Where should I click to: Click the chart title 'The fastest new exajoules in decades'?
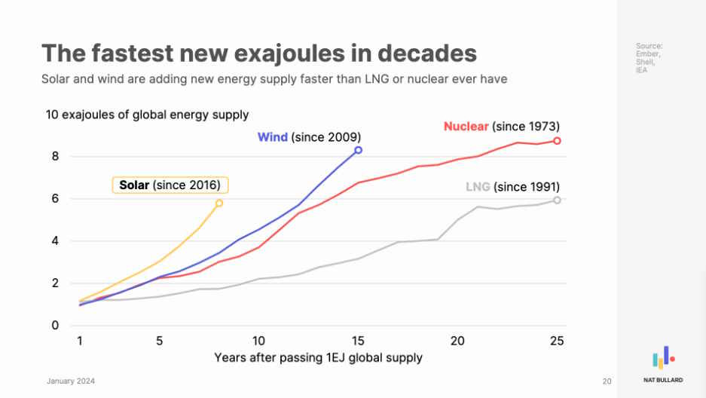[258, 54]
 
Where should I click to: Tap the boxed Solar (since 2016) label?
[170, 185]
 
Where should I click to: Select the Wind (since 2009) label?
[309, 137]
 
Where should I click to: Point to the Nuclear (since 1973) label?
[501, 126]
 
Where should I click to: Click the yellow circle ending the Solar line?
[219, 203]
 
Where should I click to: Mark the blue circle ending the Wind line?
[358, 150]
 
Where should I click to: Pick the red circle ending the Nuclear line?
[557, 141]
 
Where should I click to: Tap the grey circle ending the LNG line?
[557, 200]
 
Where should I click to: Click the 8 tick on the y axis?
[55, 157]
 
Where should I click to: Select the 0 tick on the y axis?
[55, 326]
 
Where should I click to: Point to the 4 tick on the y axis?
[55, 241]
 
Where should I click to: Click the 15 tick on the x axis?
[358, 340]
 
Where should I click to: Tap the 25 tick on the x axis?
[557, 340]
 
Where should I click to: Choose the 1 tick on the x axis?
[80, 340]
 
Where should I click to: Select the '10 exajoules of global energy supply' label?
[147, 115]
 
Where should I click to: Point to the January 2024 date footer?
[71, 381]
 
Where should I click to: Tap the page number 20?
[607, 381]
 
